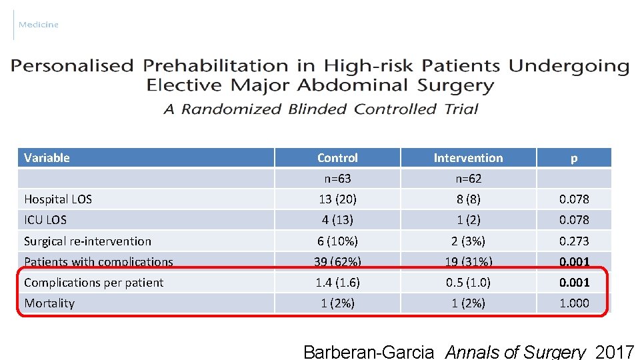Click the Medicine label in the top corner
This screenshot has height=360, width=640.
(x=39, y=25)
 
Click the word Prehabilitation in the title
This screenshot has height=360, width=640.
(x=215, y=66)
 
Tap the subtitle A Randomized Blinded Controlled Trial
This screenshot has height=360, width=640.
(x=321, y=109)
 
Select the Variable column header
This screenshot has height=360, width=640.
(x=47, y=158)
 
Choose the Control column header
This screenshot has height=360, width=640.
(x=337, y=158)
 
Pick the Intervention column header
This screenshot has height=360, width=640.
(x=468, y=158)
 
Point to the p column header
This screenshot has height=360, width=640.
(x=574, y=158)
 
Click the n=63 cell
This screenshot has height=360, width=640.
(x=337, y=179)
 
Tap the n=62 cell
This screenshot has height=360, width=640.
(x=468, y=179)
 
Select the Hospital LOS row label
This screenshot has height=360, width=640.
(x=58, y=199)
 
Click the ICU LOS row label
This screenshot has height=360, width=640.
(x=45, y=220)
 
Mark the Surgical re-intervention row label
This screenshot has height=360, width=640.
(x=87, y=241)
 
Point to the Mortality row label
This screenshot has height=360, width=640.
(x=49, y=303)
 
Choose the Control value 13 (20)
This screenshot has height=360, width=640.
(x=337, y=199)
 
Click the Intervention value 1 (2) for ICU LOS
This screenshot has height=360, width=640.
(x=468, y=220)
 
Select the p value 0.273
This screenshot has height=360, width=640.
(x=574, y=241)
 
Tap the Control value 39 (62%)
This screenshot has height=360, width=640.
(x=337, y=262)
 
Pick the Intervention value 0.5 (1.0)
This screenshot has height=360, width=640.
(x=468, y=283)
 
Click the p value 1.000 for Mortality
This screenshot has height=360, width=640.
(x=574, y=303)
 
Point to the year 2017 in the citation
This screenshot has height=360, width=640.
(x=615, y=352)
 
